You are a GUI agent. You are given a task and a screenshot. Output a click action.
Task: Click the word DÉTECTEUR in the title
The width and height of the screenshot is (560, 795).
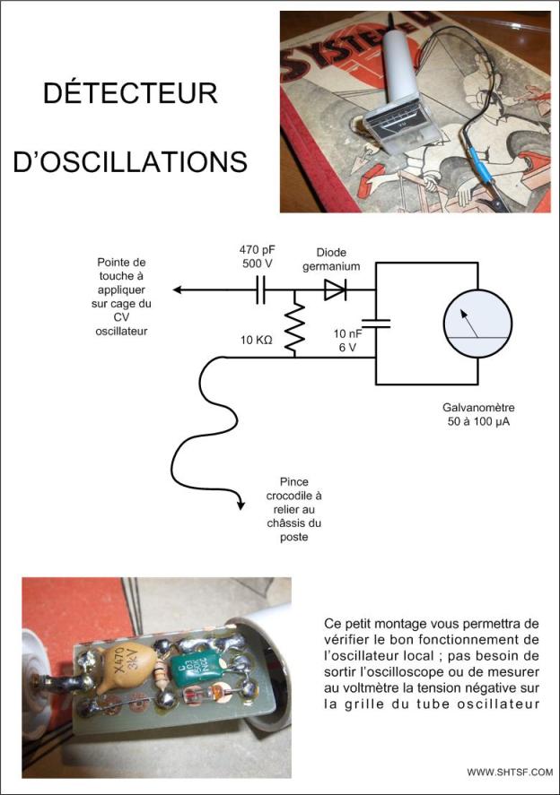pos(130,94)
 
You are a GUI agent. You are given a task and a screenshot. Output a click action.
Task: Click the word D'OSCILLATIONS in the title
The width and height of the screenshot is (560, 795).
pos(130,160)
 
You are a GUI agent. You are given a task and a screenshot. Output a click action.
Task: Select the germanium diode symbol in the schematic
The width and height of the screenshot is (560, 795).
pos(335,289)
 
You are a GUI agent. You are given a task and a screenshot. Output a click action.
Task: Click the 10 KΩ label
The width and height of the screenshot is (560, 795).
pos(256,341)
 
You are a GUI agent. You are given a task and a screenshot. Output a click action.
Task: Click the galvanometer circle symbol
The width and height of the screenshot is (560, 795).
pos(477,323)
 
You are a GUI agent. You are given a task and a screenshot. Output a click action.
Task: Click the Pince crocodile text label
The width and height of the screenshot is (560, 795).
pos(293,509)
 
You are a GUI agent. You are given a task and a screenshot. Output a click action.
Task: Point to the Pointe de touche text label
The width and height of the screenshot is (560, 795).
pos(125,296)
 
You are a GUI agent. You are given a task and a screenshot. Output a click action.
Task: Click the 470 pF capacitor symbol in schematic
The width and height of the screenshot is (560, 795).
pos(261,289)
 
